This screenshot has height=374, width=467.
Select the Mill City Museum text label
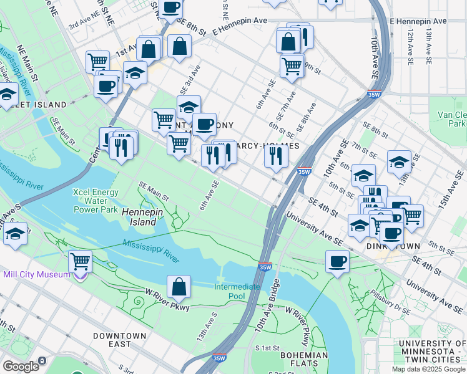(x=35, y=274)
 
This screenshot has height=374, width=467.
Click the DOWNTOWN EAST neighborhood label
(x=119, y=340)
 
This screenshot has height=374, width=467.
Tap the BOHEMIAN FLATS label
(x=304, y=360)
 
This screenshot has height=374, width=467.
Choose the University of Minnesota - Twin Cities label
(x=432, y=348)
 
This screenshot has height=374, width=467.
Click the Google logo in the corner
(x=20, y=366)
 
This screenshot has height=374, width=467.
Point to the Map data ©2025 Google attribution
(x=428, y=368)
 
